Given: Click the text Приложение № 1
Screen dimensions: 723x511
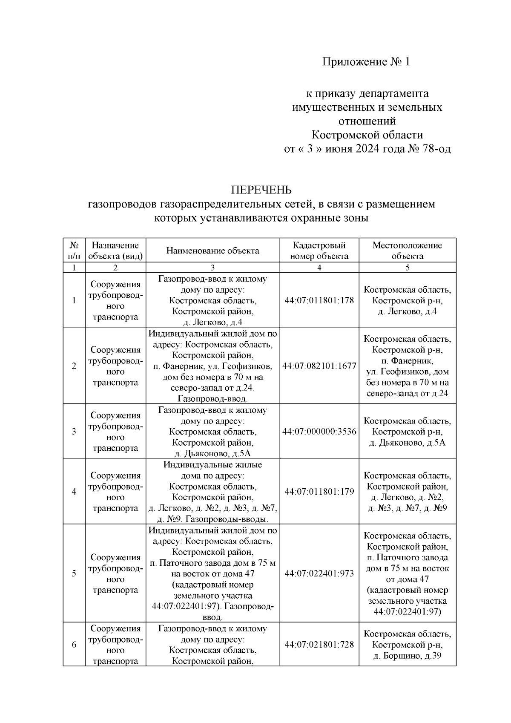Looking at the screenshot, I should pyautogui.click(x=366, y=62).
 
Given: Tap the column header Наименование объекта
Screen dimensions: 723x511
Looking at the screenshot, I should pyautogui.click(x=212, y=251).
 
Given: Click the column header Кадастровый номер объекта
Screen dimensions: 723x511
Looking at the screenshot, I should pyautogui.click(x=319, y=251).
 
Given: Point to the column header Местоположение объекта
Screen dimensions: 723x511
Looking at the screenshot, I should pyautogui.click(x=407, y=251).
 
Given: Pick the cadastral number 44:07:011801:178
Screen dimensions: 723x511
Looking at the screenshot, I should pyautogui.click(x=319, y=300).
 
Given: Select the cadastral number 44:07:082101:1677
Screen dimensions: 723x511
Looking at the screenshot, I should pyautogui.click(x=319, y=366).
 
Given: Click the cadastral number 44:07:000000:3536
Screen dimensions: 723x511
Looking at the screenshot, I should pyautogui.click(x=319, y=432).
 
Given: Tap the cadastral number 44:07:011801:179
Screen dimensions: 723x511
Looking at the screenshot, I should pyautogui.click(x=319, y=492).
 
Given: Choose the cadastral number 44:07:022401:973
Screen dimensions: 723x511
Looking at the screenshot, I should pyautogui.click(x=319, y=573).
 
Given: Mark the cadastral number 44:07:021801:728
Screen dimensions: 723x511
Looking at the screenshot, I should pyautogui.click(x=319, y=645).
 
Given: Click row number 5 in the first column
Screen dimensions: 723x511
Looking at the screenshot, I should pyautogui.click(x=74, y=573).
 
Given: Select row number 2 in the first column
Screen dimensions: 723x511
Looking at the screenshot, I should pyautogui.click(x=74, y=366).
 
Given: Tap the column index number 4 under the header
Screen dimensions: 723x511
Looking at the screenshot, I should pyautogui.click(x=319, y=268).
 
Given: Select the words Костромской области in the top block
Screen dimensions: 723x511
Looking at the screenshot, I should pyautogui.click(x=367, y=135).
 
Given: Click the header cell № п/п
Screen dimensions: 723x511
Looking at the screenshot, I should pyautogui.click(x=74, y=251).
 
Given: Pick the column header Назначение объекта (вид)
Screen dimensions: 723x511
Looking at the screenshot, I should pyautogui.click(x=115, y=251).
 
